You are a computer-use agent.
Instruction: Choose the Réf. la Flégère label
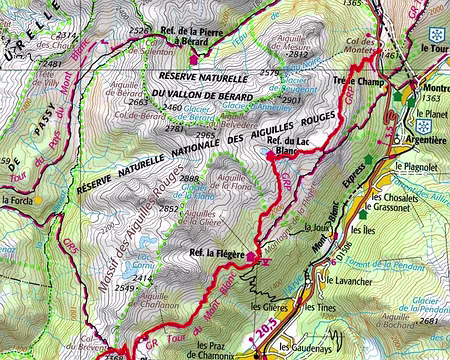217,255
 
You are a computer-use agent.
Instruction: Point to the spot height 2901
291,101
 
